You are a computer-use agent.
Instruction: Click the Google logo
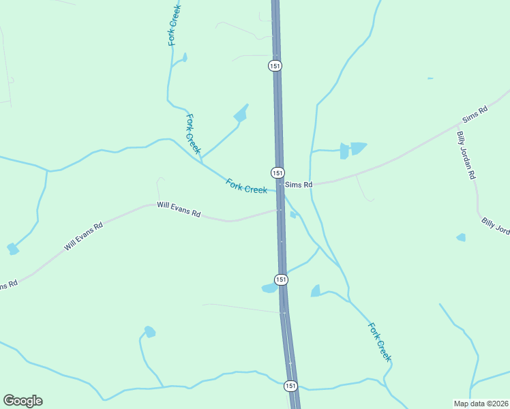click(22, 401)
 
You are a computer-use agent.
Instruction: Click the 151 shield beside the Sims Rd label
click(277, 173)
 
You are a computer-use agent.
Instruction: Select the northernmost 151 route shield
click(275, 65)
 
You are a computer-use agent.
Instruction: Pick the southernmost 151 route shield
click(291, 386)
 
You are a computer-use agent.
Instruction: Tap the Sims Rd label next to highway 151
click(299, 185)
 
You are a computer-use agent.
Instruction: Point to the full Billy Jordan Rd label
click(466, 155)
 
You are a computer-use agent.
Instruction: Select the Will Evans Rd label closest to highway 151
click(179, 209)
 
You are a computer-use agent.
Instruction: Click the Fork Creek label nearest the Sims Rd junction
click(246, 185)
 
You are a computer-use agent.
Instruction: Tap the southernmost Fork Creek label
click(380, 342)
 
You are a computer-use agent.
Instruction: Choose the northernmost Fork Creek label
click(174, 25)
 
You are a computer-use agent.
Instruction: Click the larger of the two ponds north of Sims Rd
click(357, 148)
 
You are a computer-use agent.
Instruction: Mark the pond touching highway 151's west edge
click(270, 288)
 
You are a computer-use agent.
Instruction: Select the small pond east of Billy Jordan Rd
click(461, 237)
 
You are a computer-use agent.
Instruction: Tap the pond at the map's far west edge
click(13, 249)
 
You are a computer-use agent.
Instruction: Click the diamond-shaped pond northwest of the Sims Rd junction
click(240, 114)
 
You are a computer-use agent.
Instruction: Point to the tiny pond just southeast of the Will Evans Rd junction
click(293, 215)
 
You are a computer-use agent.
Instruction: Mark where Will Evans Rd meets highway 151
click(280, 210)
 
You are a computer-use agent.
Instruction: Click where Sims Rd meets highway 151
click(280, 184)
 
